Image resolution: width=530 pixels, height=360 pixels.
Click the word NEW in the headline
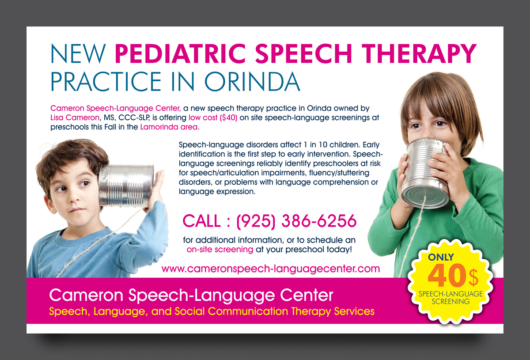[78, 53]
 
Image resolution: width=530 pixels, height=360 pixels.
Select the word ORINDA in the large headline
[253, 81]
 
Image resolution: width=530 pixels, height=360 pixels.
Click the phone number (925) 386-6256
[296, 221]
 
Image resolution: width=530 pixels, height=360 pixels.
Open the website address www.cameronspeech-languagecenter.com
[271, 269]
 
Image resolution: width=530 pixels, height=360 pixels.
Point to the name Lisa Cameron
[75, 117]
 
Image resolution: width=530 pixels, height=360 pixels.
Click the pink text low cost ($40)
[213, 117]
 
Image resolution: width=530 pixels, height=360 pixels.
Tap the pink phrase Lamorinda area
[169, 127]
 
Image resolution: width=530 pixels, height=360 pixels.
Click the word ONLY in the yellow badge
[441, 257]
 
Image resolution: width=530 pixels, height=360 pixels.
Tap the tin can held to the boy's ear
[126, 185]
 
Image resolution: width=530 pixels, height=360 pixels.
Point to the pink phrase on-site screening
[220, 250]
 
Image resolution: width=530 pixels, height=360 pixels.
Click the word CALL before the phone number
[201, 221]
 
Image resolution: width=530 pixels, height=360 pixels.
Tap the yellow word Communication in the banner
[248, 311]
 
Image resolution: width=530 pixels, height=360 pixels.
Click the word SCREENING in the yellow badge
[451, 302]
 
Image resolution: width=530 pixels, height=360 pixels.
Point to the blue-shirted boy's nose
[74, 197]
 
